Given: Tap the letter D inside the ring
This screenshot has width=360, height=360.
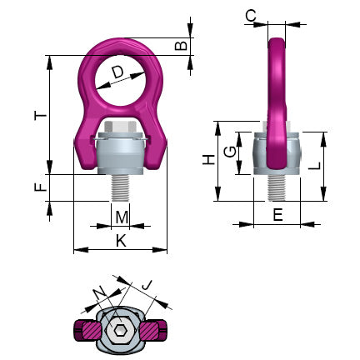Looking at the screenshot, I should [117, 75].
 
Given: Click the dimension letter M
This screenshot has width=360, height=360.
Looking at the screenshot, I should [122, 217].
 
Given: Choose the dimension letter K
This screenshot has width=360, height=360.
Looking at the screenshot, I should [121, 241].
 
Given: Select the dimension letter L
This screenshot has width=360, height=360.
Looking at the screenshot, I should [337, 167].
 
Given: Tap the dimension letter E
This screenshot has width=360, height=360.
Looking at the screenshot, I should [277, 215].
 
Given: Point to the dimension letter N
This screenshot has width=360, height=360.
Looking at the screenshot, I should [100, 291].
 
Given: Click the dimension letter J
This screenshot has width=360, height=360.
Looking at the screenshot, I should [147, 287].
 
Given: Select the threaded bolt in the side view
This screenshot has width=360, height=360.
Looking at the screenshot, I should [275, 187].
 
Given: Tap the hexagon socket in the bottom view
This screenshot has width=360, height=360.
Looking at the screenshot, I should [122, 333].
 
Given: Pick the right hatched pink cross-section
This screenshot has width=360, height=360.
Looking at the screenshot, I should [154, 332].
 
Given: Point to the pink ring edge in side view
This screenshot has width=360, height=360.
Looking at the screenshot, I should [275, 92].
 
